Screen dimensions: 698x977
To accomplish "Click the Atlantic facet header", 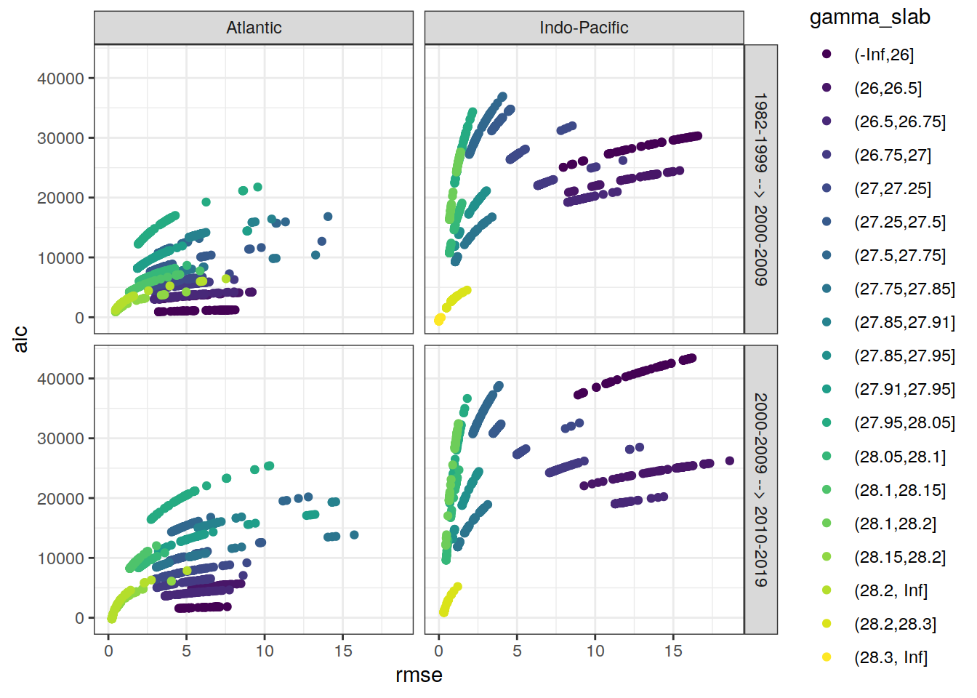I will pos(254,28).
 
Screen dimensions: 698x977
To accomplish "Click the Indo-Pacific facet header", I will pos(584,28).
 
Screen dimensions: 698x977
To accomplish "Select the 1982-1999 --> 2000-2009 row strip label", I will pos(760,189).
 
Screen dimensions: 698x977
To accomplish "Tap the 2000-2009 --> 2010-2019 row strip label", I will pos(760,489).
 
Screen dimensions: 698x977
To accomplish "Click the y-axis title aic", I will pos(20,339).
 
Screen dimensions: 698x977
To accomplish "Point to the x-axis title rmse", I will pos(419,675).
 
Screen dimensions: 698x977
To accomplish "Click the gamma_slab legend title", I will pos(869,17).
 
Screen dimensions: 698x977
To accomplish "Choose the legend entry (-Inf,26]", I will pos(883,55).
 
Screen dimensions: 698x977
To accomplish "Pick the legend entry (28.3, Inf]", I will pos(890,657).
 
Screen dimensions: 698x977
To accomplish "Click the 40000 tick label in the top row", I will pos(60,79).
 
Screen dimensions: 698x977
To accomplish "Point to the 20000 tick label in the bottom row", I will pos(60,499).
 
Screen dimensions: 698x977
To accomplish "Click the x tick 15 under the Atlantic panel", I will pos(343,651).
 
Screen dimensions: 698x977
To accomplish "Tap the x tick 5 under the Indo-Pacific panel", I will pos(517,651).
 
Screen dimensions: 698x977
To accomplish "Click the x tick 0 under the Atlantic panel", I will pos(109,651).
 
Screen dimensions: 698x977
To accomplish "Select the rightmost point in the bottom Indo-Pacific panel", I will pos(730,461).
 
